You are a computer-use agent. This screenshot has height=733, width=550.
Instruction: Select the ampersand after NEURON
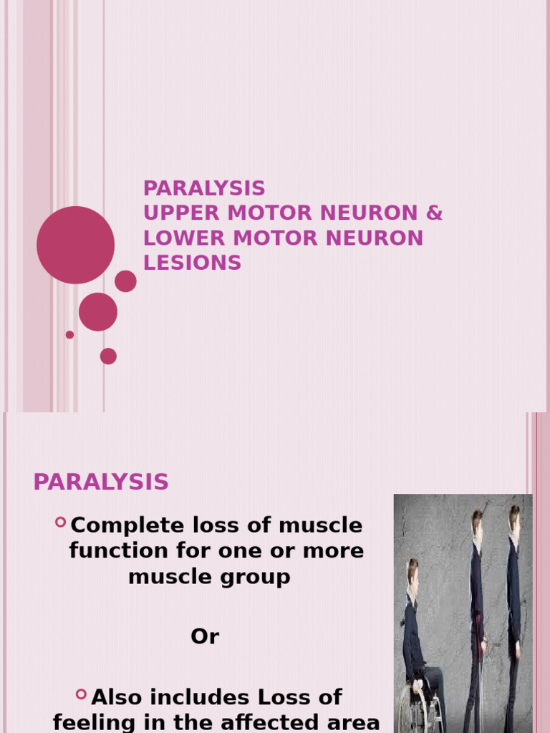(x=435, y=213)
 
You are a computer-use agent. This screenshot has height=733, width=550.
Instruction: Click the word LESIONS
(x=192, y=263)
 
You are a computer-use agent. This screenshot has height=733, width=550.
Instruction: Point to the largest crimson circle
(x=75, y=245)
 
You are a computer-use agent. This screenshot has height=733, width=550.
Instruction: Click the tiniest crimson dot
(x=69, y=334)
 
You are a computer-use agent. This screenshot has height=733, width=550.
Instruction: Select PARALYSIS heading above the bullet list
(x=101, y=482)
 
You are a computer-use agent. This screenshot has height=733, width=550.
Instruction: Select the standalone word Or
(x=204, y=636)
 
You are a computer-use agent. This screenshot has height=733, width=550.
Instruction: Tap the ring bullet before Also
(x=81, y=694)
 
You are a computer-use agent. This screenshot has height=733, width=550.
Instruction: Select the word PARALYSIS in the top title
(x=204, y=188)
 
